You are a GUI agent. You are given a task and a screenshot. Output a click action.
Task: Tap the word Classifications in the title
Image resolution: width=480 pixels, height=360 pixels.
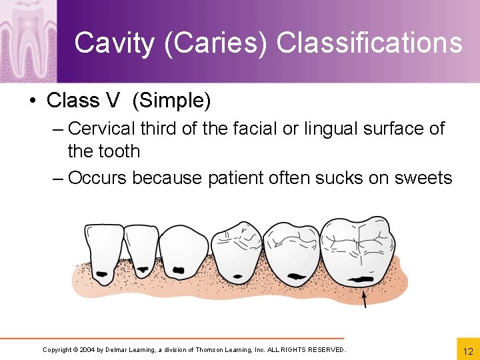click(369, 43)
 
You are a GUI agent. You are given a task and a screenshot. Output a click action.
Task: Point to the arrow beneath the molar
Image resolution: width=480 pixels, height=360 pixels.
click(364, 298)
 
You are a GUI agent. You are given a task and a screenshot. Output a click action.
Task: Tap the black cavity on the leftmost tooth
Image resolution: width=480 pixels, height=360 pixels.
click(102, 274)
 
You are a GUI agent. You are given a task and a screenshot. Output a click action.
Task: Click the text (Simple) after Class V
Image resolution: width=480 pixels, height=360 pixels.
click(171, 101)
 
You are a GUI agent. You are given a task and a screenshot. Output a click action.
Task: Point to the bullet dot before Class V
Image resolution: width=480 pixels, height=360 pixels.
click(31, 101)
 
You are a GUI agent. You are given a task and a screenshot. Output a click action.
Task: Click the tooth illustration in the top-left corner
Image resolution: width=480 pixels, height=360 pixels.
click(27, 40)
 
